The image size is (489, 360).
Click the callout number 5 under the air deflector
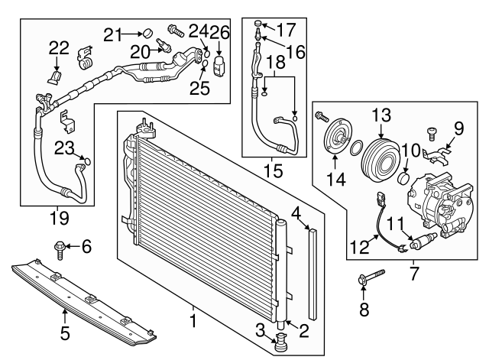pyautogui.click(x=65, y=333)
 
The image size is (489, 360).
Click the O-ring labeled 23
pyautogui.click(x=86, y=161)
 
